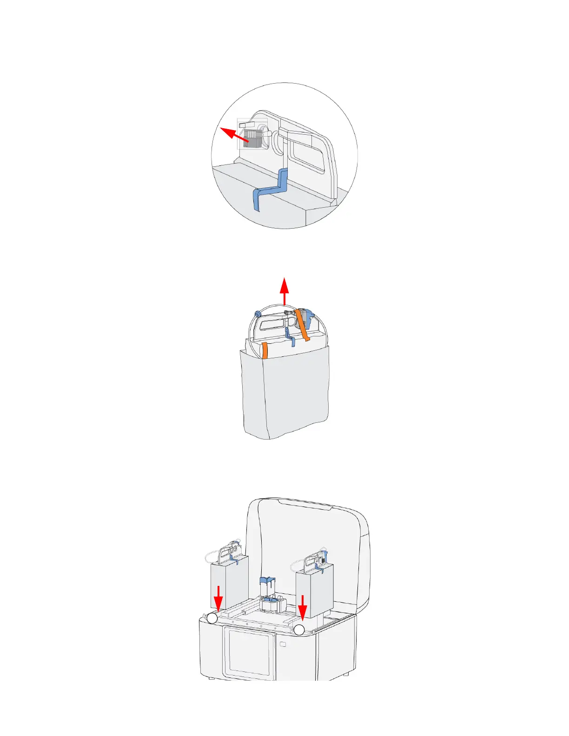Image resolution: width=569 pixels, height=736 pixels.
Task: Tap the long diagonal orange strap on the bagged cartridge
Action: [303, 327]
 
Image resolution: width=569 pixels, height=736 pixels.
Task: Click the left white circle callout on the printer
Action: [212, 618]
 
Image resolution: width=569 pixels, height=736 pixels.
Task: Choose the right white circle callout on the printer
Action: [299, 630]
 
